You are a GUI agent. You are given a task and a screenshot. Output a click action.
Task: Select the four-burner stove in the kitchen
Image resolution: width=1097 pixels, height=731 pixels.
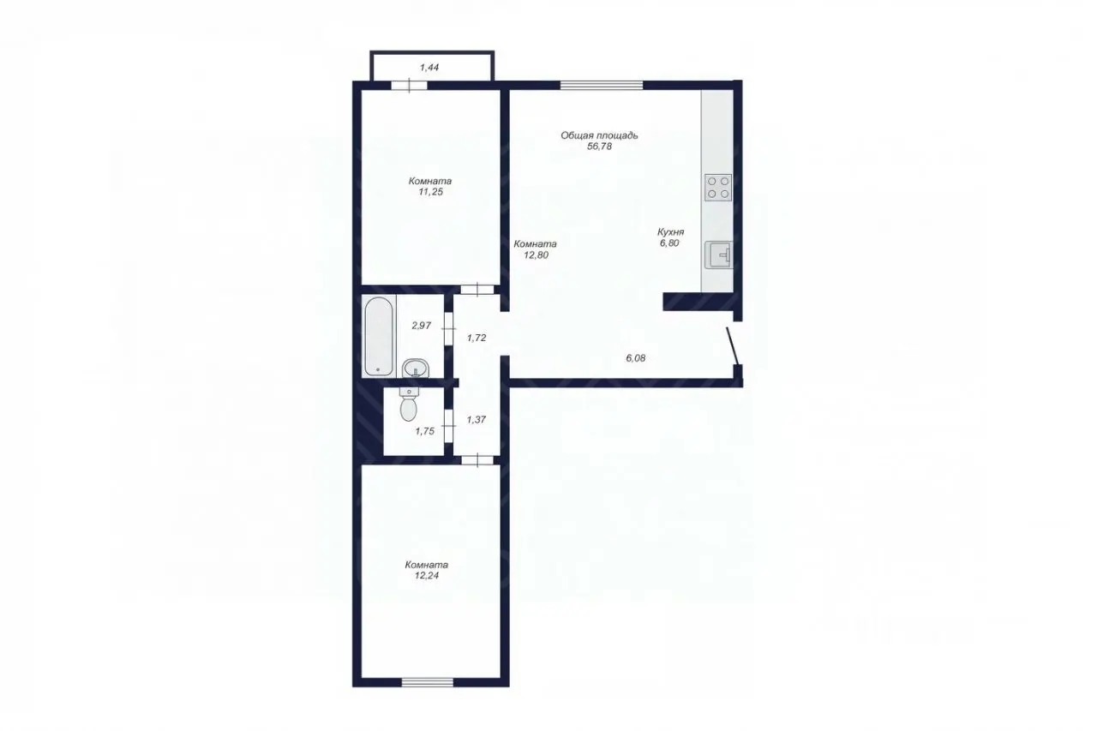(x=718, y=188)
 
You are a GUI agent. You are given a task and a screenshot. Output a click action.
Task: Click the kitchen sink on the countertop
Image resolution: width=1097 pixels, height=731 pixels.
(x=718, y=255)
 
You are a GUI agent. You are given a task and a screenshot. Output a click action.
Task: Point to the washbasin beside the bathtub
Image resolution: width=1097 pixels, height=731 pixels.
(x=416, y=368)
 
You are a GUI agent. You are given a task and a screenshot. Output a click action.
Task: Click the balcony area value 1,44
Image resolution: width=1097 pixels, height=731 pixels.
(x=429, y=68)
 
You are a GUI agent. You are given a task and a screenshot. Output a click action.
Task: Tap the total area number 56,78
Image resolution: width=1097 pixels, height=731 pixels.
(x=599, y=147)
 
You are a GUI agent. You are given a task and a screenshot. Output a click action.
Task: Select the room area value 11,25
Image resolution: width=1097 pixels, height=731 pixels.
(x=430, y=192)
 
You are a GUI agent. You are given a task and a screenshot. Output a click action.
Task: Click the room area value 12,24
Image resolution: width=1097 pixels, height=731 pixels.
(x=427, y=576)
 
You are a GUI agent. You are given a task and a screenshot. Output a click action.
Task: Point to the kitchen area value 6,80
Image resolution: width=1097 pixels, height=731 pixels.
(x=669, y=243)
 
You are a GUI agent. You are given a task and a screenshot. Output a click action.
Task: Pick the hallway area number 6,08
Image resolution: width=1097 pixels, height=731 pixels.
(x=636, y=358)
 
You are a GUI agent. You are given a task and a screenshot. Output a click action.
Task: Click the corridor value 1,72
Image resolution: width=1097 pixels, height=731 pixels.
(x=477, y=338)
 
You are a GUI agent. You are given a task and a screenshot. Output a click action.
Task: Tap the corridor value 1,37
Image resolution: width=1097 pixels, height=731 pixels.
(x=476, y=420)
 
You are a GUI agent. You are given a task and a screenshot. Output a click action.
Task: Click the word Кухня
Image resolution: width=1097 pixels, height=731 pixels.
(x=670, y=232)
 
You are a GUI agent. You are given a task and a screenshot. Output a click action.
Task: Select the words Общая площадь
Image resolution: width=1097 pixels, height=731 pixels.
(x=599, y=135)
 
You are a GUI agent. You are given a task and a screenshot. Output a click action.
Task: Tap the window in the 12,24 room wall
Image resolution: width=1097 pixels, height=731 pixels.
(x=428, y=682)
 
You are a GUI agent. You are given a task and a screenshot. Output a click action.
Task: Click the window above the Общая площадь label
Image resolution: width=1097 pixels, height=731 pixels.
(x=602, y=85)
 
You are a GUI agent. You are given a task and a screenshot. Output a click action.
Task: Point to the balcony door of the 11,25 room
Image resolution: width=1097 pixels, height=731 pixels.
(x=409, y=85)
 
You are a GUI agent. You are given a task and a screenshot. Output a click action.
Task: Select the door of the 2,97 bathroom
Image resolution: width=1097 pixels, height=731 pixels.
(x=448, y=329)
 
